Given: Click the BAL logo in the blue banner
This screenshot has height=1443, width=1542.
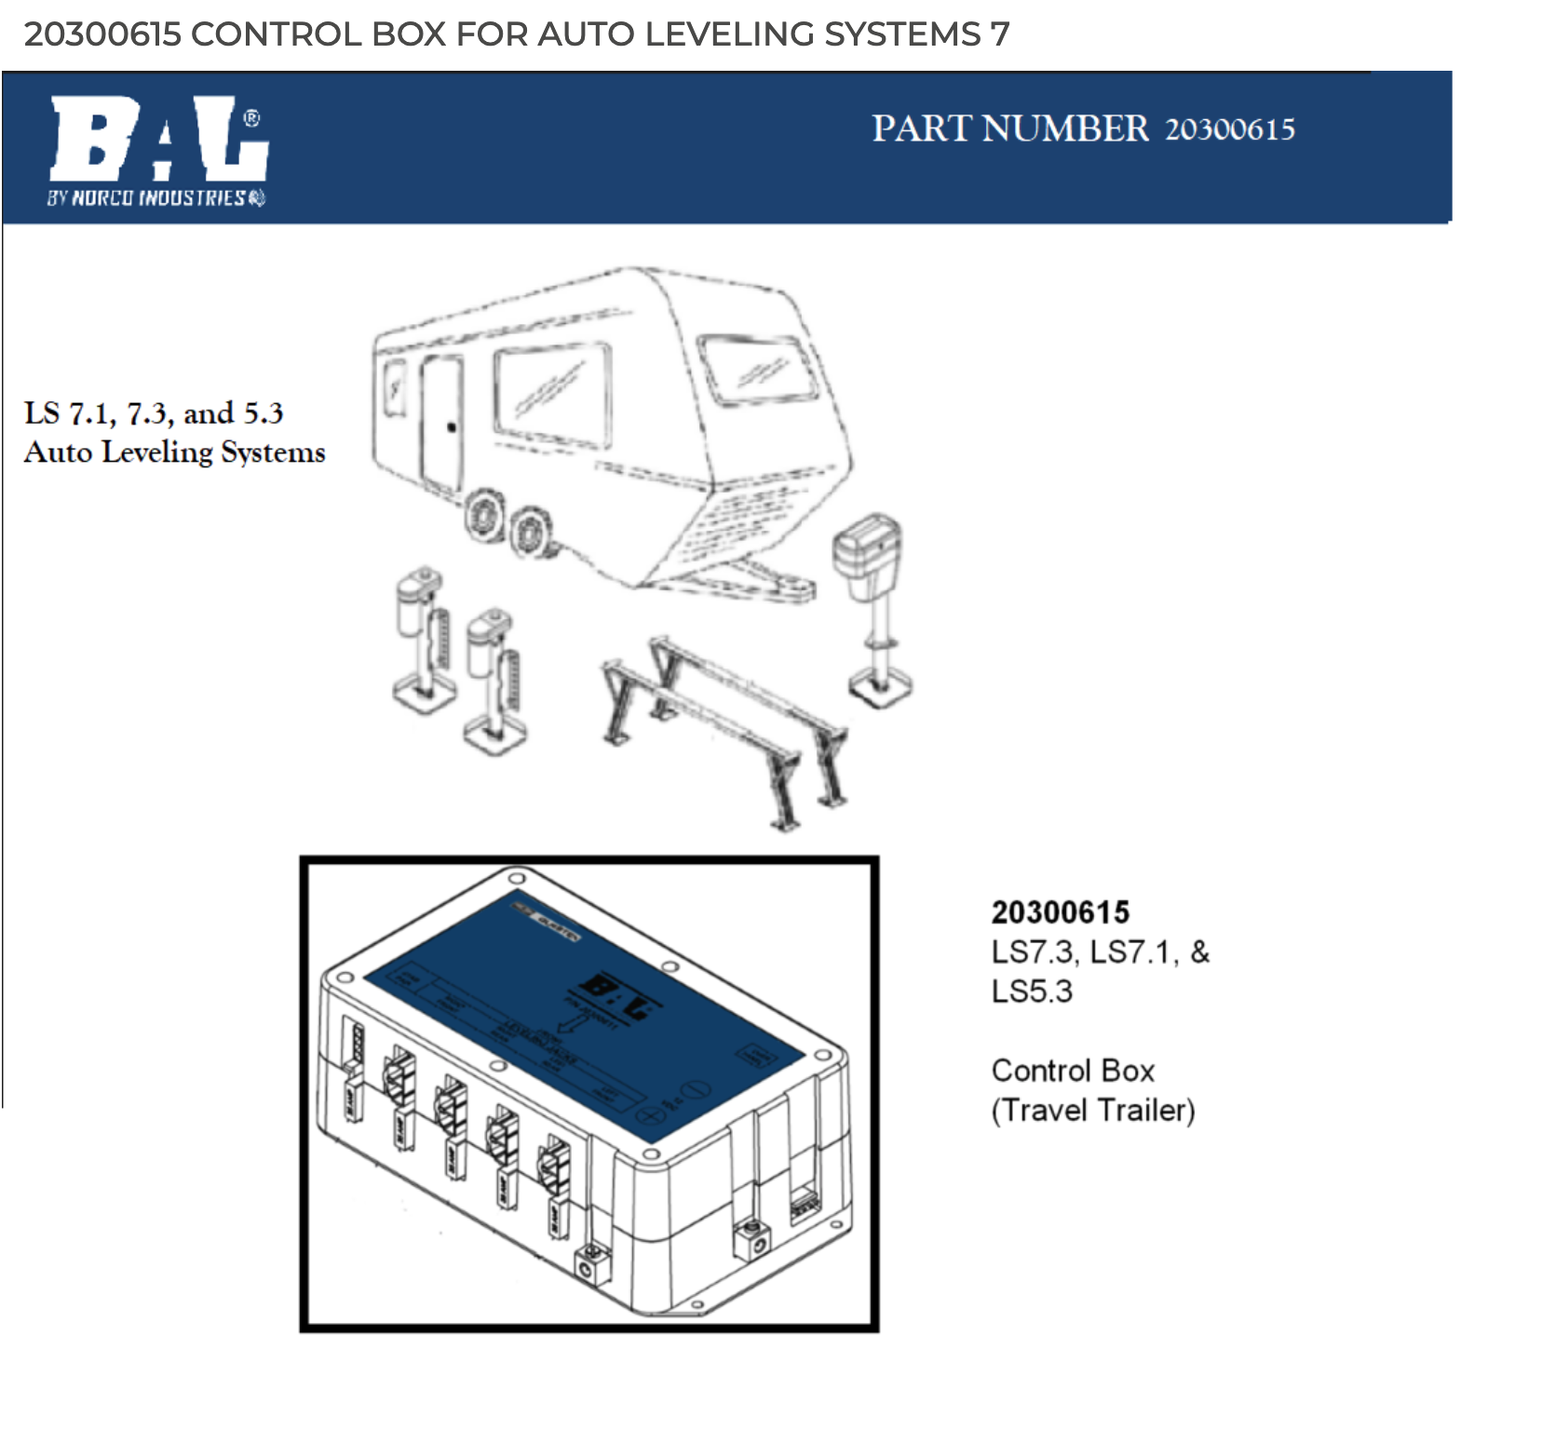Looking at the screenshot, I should point(158,140).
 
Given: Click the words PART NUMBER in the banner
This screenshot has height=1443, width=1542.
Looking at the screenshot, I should point(1009,128).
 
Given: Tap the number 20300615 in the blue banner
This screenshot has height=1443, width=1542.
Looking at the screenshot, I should point(1229,129).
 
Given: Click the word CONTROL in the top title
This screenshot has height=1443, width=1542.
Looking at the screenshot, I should point(276,34).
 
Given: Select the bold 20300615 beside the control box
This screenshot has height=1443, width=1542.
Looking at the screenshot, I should point(1060,912).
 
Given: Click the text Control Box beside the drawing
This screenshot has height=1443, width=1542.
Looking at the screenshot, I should point(1073,1071).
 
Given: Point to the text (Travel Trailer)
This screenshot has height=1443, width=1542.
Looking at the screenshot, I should point(1093,1111).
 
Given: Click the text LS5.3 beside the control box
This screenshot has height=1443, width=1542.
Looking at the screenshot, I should point(1032,991).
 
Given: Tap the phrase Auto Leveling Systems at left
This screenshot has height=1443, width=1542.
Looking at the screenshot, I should point(174,452).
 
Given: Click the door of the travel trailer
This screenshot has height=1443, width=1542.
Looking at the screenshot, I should point(441,424).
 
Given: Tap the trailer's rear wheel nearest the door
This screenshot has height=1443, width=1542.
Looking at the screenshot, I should point(484,515).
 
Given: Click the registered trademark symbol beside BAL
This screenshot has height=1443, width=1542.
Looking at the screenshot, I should point(251,119).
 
